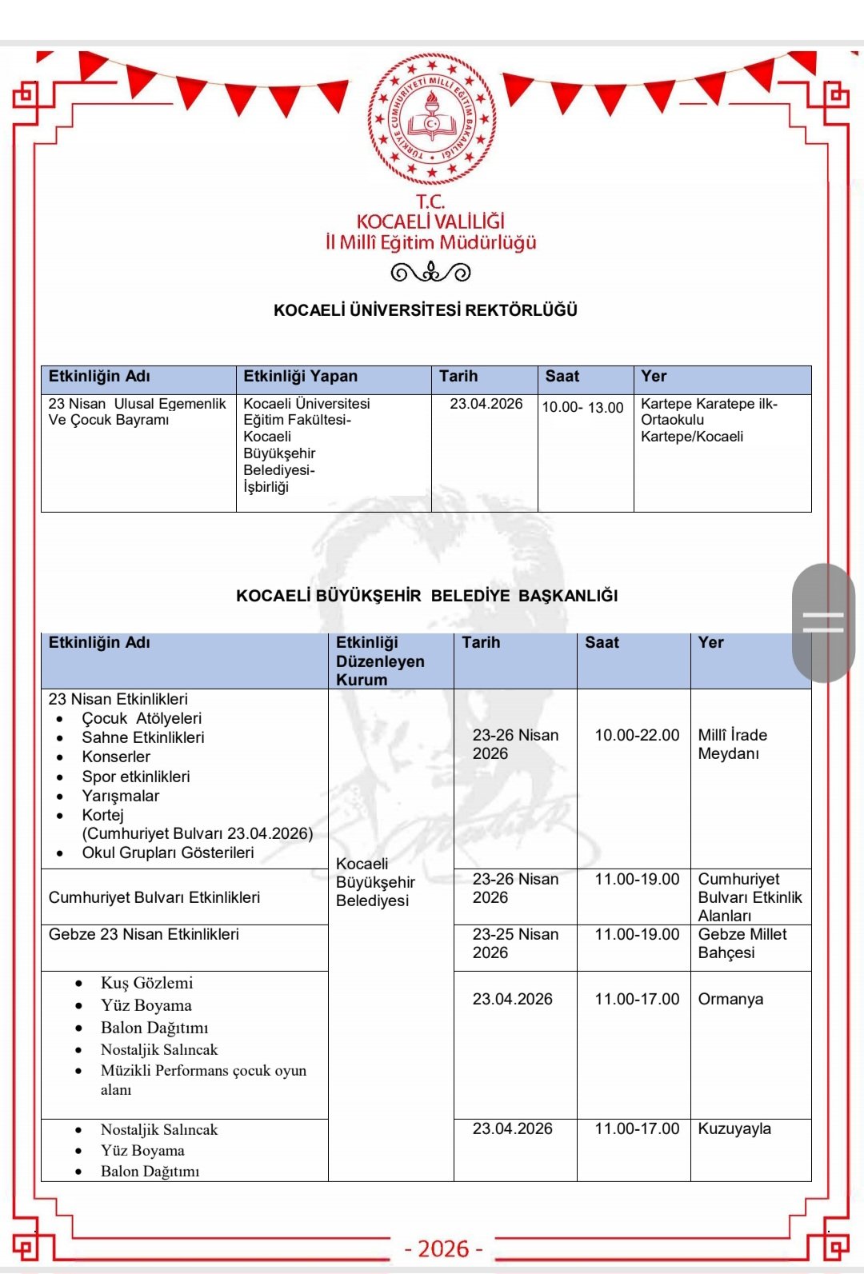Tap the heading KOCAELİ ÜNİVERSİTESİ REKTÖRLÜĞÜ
click(426, 310)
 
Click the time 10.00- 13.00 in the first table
click(582, 407)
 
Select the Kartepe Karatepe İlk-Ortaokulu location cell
click(709, 420)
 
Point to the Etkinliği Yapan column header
click(301, 377)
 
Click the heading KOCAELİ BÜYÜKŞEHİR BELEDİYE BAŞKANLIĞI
click(426, 596)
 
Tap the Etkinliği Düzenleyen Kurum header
click(380, 661)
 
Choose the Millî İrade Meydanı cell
click(732, 744)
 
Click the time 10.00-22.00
click(637, 735)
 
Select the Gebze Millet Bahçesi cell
click(742, 944)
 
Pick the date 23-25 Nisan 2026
click(514, 944)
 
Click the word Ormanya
click(730, 999)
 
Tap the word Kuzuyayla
click(734, 1128)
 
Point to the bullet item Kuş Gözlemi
click(146, 983)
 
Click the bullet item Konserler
click(116, 757)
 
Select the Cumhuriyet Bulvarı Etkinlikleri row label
click(154, 897)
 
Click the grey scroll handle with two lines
click(823, 622)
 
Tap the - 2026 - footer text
click(443, 1248)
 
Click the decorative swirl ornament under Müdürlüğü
click(430, 273)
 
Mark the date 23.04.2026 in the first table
click(486, 404)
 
